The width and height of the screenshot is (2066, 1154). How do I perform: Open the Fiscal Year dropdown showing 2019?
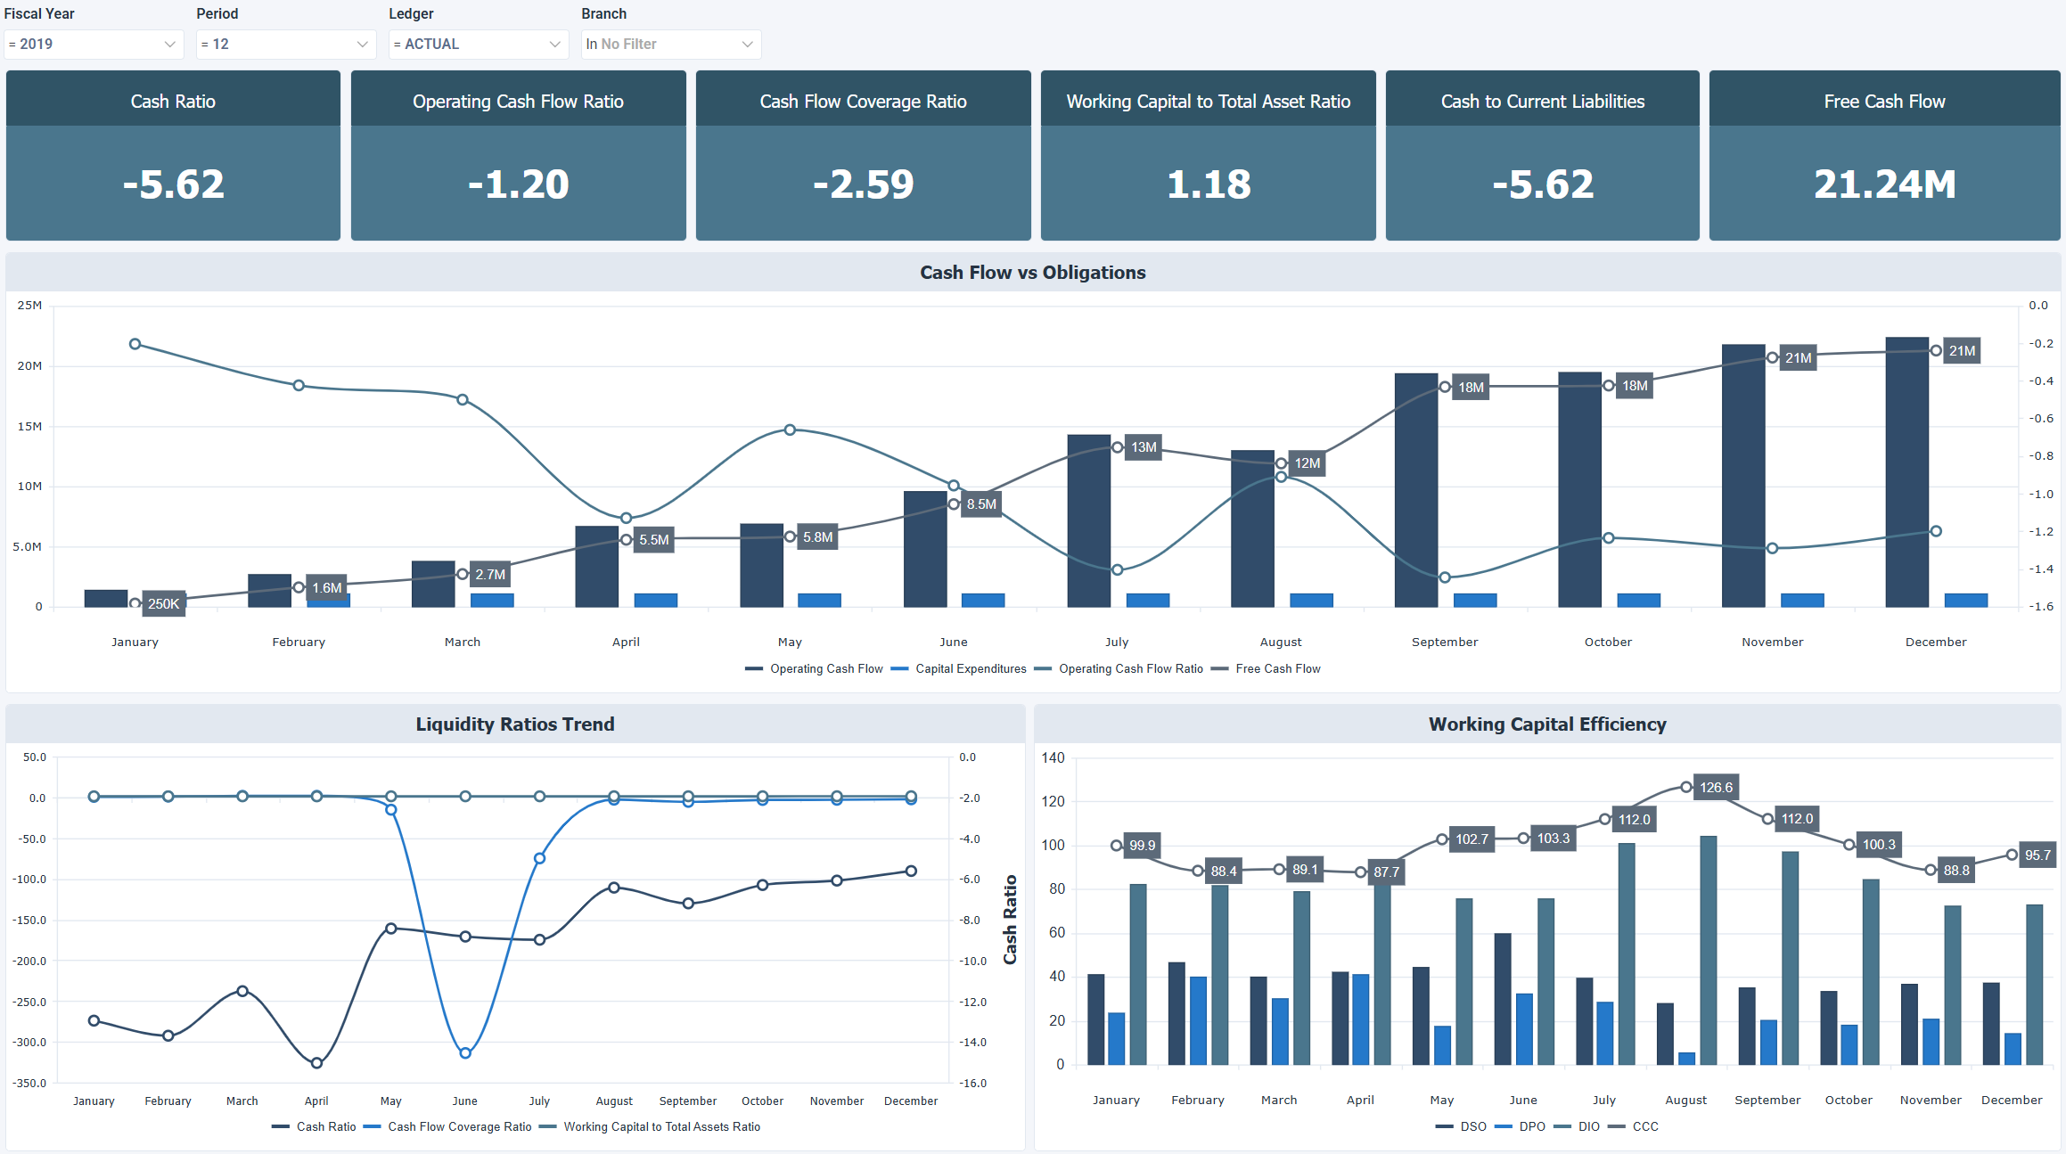pyautogui.click(x=93, y=44)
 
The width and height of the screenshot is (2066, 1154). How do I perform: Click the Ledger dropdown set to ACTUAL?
pyautogui.click(x=478, y=44)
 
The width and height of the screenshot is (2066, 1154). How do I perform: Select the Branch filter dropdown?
pyautogui.click(x=670, y=44)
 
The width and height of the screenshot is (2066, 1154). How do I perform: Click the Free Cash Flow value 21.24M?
pyautogui.click(x=1884, y=184)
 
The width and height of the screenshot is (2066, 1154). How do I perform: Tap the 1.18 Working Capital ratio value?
pyautogui.click(x=1208, y=184)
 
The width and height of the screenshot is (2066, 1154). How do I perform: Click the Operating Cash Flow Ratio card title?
pyautogui.click(x=518, y=102)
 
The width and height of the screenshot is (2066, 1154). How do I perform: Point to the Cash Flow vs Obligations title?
pyautogui.click(x=1032, y=273)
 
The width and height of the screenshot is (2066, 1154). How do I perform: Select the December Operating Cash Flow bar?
pyautogui.click(x=1906, y=472)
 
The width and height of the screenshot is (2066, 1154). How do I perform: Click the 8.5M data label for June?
pyautogui.click(x=981, y=504)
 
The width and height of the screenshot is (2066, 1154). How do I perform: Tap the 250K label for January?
pyautogui.click(x=164, y=604)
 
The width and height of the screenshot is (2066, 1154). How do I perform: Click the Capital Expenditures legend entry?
pyautogui.click(x=970, y=669)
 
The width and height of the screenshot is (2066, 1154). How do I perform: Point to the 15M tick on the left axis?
pyautogui.click(x=29, y=427)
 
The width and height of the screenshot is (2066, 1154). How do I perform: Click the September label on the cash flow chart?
pyautogui.click(x=1444, y=642)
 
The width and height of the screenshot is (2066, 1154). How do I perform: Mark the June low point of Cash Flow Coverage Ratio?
pyautogui.click(x=465, y=1053)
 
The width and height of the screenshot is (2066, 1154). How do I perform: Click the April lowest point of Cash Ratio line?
pyautogui.click(x=316, y=1063)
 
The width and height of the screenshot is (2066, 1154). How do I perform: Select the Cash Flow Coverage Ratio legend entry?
pyautogui.click(x=459, y=1127)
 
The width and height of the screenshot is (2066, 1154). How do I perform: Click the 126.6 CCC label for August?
pyautogui.click(x=1716, y=788)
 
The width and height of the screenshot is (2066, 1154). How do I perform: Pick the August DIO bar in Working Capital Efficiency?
pyautogui.click(x=1708, y=950)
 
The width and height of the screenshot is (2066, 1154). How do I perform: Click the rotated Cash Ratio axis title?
pyautogui.click(x=1010, y=920)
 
